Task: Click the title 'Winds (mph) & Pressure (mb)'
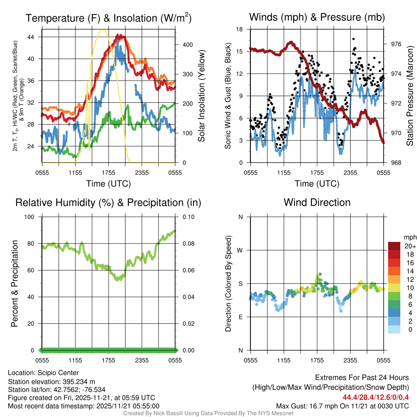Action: (x=317, y=17)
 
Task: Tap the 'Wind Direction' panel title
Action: (x=317, y=202)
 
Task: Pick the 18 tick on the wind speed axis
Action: (x=239, y=29)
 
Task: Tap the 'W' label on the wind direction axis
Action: (x=240, y=250)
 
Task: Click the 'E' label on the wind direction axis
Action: (x=240, y=317)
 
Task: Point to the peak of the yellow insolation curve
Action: (x=103, y=30)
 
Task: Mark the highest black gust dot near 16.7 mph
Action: (x=353, y=39)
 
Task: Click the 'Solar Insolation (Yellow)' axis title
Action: (x=201, y=96)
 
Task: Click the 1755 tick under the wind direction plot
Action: (x=317, y=360)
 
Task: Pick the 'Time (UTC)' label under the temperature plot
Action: (x=108, y=184)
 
